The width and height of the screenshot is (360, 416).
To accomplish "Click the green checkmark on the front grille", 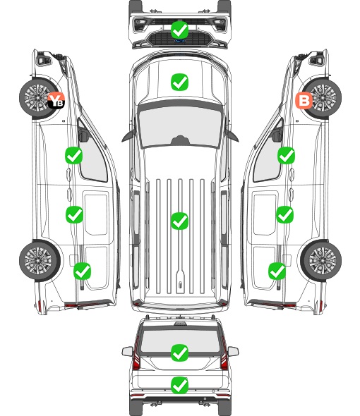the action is tap(179, 30).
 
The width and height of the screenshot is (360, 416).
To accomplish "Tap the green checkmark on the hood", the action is tap(179, 82).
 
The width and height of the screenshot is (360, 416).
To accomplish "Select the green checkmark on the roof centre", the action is tap(179, 221).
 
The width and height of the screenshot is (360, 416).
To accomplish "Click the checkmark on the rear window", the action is tap(179, 353).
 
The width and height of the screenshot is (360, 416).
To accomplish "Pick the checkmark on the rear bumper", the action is tap(179, 385).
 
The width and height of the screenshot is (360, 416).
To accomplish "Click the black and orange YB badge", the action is tap(56, 101).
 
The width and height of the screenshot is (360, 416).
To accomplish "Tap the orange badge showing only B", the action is tap(304, 101).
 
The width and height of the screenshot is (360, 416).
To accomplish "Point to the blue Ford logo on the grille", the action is tap(179, 41).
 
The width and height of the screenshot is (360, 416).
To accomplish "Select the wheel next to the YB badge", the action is tap(38, 98).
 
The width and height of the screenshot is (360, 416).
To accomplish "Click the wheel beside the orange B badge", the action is tap(322, 98).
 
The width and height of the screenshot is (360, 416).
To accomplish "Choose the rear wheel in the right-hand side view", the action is tap(321, 261).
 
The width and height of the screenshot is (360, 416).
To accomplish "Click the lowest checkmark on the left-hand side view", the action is tap(82, 271).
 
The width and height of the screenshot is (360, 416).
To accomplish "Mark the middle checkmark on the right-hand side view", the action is tap(284, 214).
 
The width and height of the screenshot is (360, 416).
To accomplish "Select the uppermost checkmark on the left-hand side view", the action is tap(74, 155).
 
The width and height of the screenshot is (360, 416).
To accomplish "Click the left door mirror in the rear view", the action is tap(128, 351).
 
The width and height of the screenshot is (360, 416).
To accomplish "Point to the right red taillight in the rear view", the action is tap(224, 354).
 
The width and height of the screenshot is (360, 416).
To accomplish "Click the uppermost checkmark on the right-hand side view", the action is tap(286, 155).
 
